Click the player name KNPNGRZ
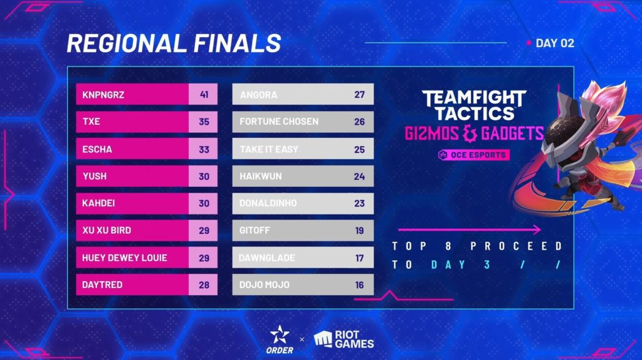(103, 95)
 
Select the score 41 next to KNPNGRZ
(204, 95)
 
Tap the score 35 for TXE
(204, 122)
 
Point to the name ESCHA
(97, 149)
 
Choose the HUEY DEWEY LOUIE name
(125, 258)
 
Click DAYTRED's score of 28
(204, 285)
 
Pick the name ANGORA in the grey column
(259, 95)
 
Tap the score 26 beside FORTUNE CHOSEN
(359, 122)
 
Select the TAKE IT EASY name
(269, 149)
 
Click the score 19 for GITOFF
(359, 231)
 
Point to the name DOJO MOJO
(265, 285)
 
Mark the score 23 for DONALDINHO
(359, 204)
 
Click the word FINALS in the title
(237, 43)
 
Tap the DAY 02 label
(555, 43)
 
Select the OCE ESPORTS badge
(474, 155)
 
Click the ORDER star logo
(280, 335)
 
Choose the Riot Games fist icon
(323, 339)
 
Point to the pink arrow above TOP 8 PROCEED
(470, 230)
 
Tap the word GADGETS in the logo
(512, 134)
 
